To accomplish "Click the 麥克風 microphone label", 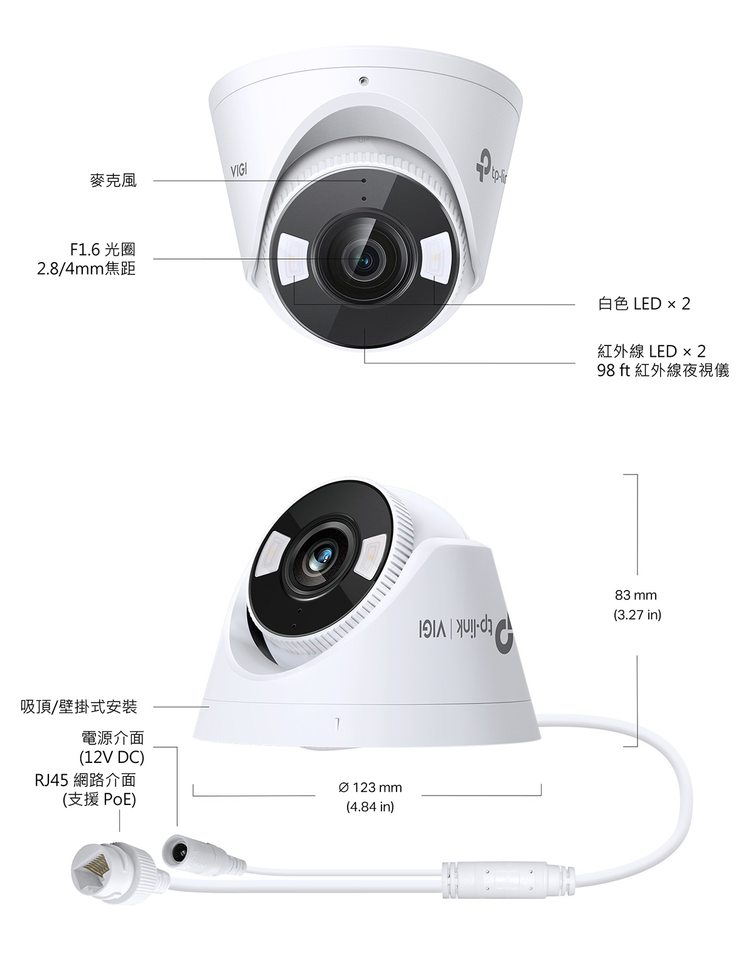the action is click(x=113, y=181).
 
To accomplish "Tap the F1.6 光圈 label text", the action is click(x=103, y=250).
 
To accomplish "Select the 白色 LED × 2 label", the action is click(x=644, y=304).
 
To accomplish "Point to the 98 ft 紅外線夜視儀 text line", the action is click(x=663, y=370).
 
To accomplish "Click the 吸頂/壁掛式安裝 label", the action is click(x=79, y=707).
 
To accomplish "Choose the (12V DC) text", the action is click(x=112, y=757).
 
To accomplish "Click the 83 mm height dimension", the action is click(x=636, y=595).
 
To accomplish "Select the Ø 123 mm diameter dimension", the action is click(x=370, y=787).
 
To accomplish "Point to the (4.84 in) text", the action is click(x=370, y=807).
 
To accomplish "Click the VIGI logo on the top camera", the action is click(x=238, y=170).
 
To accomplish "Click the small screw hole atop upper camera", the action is click(x=364, y=81).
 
